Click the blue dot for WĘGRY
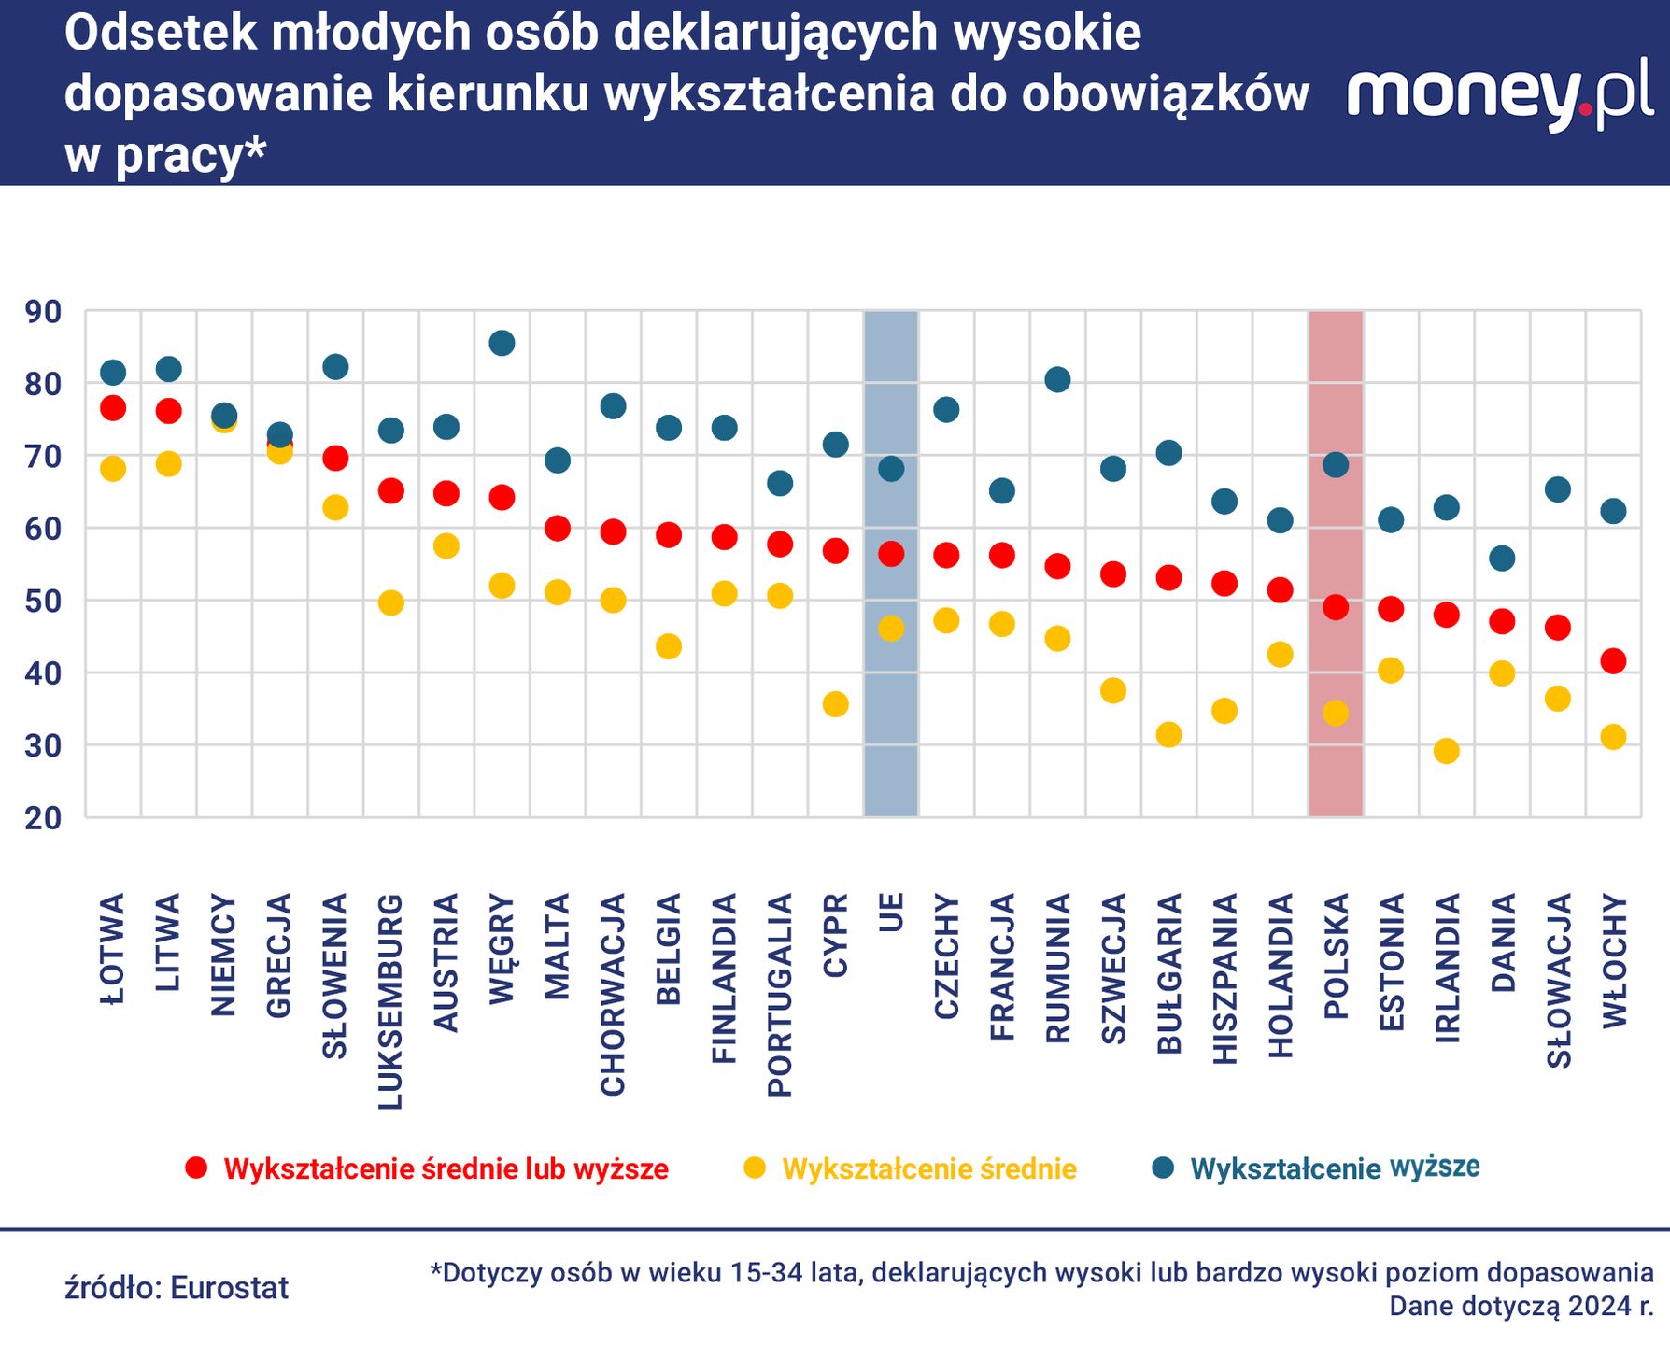click(x=502, y=343)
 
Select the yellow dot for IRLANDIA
click(x=1446, y=751)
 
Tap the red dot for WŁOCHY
click(x=1613, y=661)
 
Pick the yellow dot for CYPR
click(x=835, y=704)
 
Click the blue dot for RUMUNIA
click(x=1057, y=379)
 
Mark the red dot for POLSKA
click(x=1336, y=607)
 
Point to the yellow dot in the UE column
click(x=891, y=629)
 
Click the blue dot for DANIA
click(x=1502, y=559)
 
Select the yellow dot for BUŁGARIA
click(x=1168, y=735)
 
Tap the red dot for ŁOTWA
click(x=113, y=408)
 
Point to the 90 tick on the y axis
click(x=43, y=312)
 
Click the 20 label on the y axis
click(x=43, y=818)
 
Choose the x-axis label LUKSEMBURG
click(x=390, y=1001)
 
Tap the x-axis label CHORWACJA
click(x=613, y=994)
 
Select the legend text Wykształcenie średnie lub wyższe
click(x=446, y=1169)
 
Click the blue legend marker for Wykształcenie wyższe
click(x=1163, y=1168)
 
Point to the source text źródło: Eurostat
click(x=177, y=1288)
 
